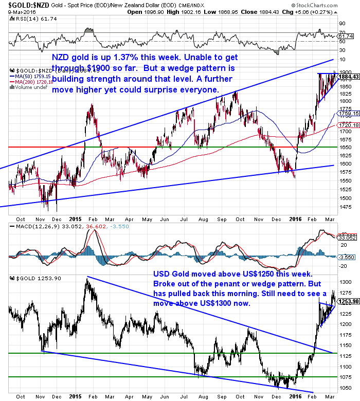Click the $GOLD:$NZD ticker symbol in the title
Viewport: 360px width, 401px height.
pyautogui.click(x=22, y=5)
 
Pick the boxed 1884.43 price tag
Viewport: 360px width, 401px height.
pyautogui.click(x=348, y=77)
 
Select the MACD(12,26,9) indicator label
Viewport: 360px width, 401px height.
pyautogui.click(x=30, y=227)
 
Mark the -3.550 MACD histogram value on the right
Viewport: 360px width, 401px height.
pyautogui.click(x=346, y=256)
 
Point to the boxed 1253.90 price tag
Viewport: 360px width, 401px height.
pyautogui.click(x=347, y=302)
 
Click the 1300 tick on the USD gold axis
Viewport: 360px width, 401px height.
pyautogui.click(x=345, y=282)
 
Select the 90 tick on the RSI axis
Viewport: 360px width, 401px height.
pyautogui.click(x=341, y=23)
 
